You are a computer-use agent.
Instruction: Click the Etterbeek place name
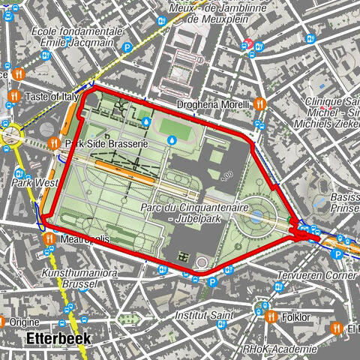pos(58,339)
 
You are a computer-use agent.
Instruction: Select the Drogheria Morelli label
pos(212,104)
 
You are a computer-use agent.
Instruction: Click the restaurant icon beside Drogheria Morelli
pos(259,104)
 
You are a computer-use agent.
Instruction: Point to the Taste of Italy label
pos(52,97)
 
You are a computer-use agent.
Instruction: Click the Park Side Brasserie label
pos(105,142)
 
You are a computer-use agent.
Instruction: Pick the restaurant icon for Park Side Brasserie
pos(53,142)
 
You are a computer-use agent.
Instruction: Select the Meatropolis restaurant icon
pos(49,238)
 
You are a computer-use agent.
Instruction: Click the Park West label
pos(34,182)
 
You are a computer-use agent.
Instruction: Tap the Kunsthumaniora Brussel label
pos(79,280)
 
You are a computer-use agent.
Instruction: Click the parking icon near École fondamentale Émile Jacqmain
pos(127,47)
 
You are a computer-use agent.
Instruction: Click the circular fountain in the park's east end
pos(257,217)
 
